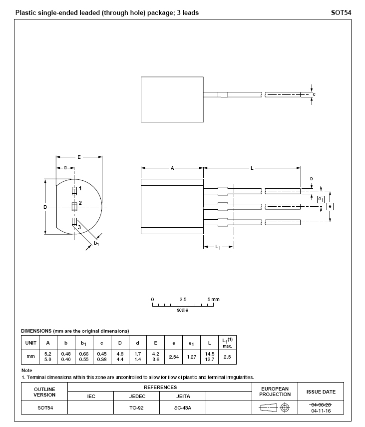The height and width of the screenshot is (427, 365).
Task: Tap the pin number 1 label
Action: (x=80, y=188)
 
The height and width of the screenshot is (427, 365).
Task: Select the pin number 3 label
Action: (x=79, y=227)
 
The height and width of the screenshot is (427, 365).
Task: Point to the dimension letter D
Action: (x=45, y=207)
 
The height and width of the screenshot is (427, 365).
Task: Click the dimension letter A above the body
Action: (x=172, y=168)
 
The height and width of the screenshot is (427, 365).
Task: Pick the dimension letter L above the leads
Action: (x=252, y=168)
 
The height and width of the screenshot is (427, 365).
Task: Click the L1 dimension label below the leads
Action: (x=219, y=248)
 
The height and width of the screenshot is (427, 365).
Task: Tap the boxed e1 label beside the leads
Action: (x=321, y=199)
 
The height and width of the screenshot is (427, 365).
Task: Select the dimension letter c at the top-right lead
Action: (x=314, y=94)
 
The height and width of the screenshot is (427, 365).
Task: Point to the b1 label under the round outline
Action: (x=96, y=243)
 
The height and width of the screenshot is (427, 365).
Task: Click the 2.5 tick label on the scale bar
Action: (x=183, y=299)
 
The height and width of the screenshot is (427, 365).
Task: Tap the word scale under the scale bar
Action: (x=183, y=310)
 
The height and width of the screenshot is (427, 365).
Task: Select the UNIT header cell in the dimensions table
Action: (x=31, y=343)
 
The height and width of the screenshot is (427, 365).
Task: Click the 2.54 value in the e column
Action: (x=174, y=357)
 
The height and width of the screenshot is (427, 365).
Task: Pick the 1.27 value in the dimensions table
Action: (x=192, y=357)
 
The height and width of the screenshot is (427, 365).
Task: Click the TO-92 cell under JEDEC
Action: (x=136, y=408)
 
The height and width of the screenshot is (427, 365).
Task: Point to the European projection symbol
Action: (x=275, y=408)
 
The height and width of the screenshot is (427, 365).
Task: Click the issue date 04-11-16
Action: (x=321, y=411)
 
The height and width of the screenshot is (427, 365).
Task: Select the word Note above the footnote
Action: (x=26, y=370)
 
